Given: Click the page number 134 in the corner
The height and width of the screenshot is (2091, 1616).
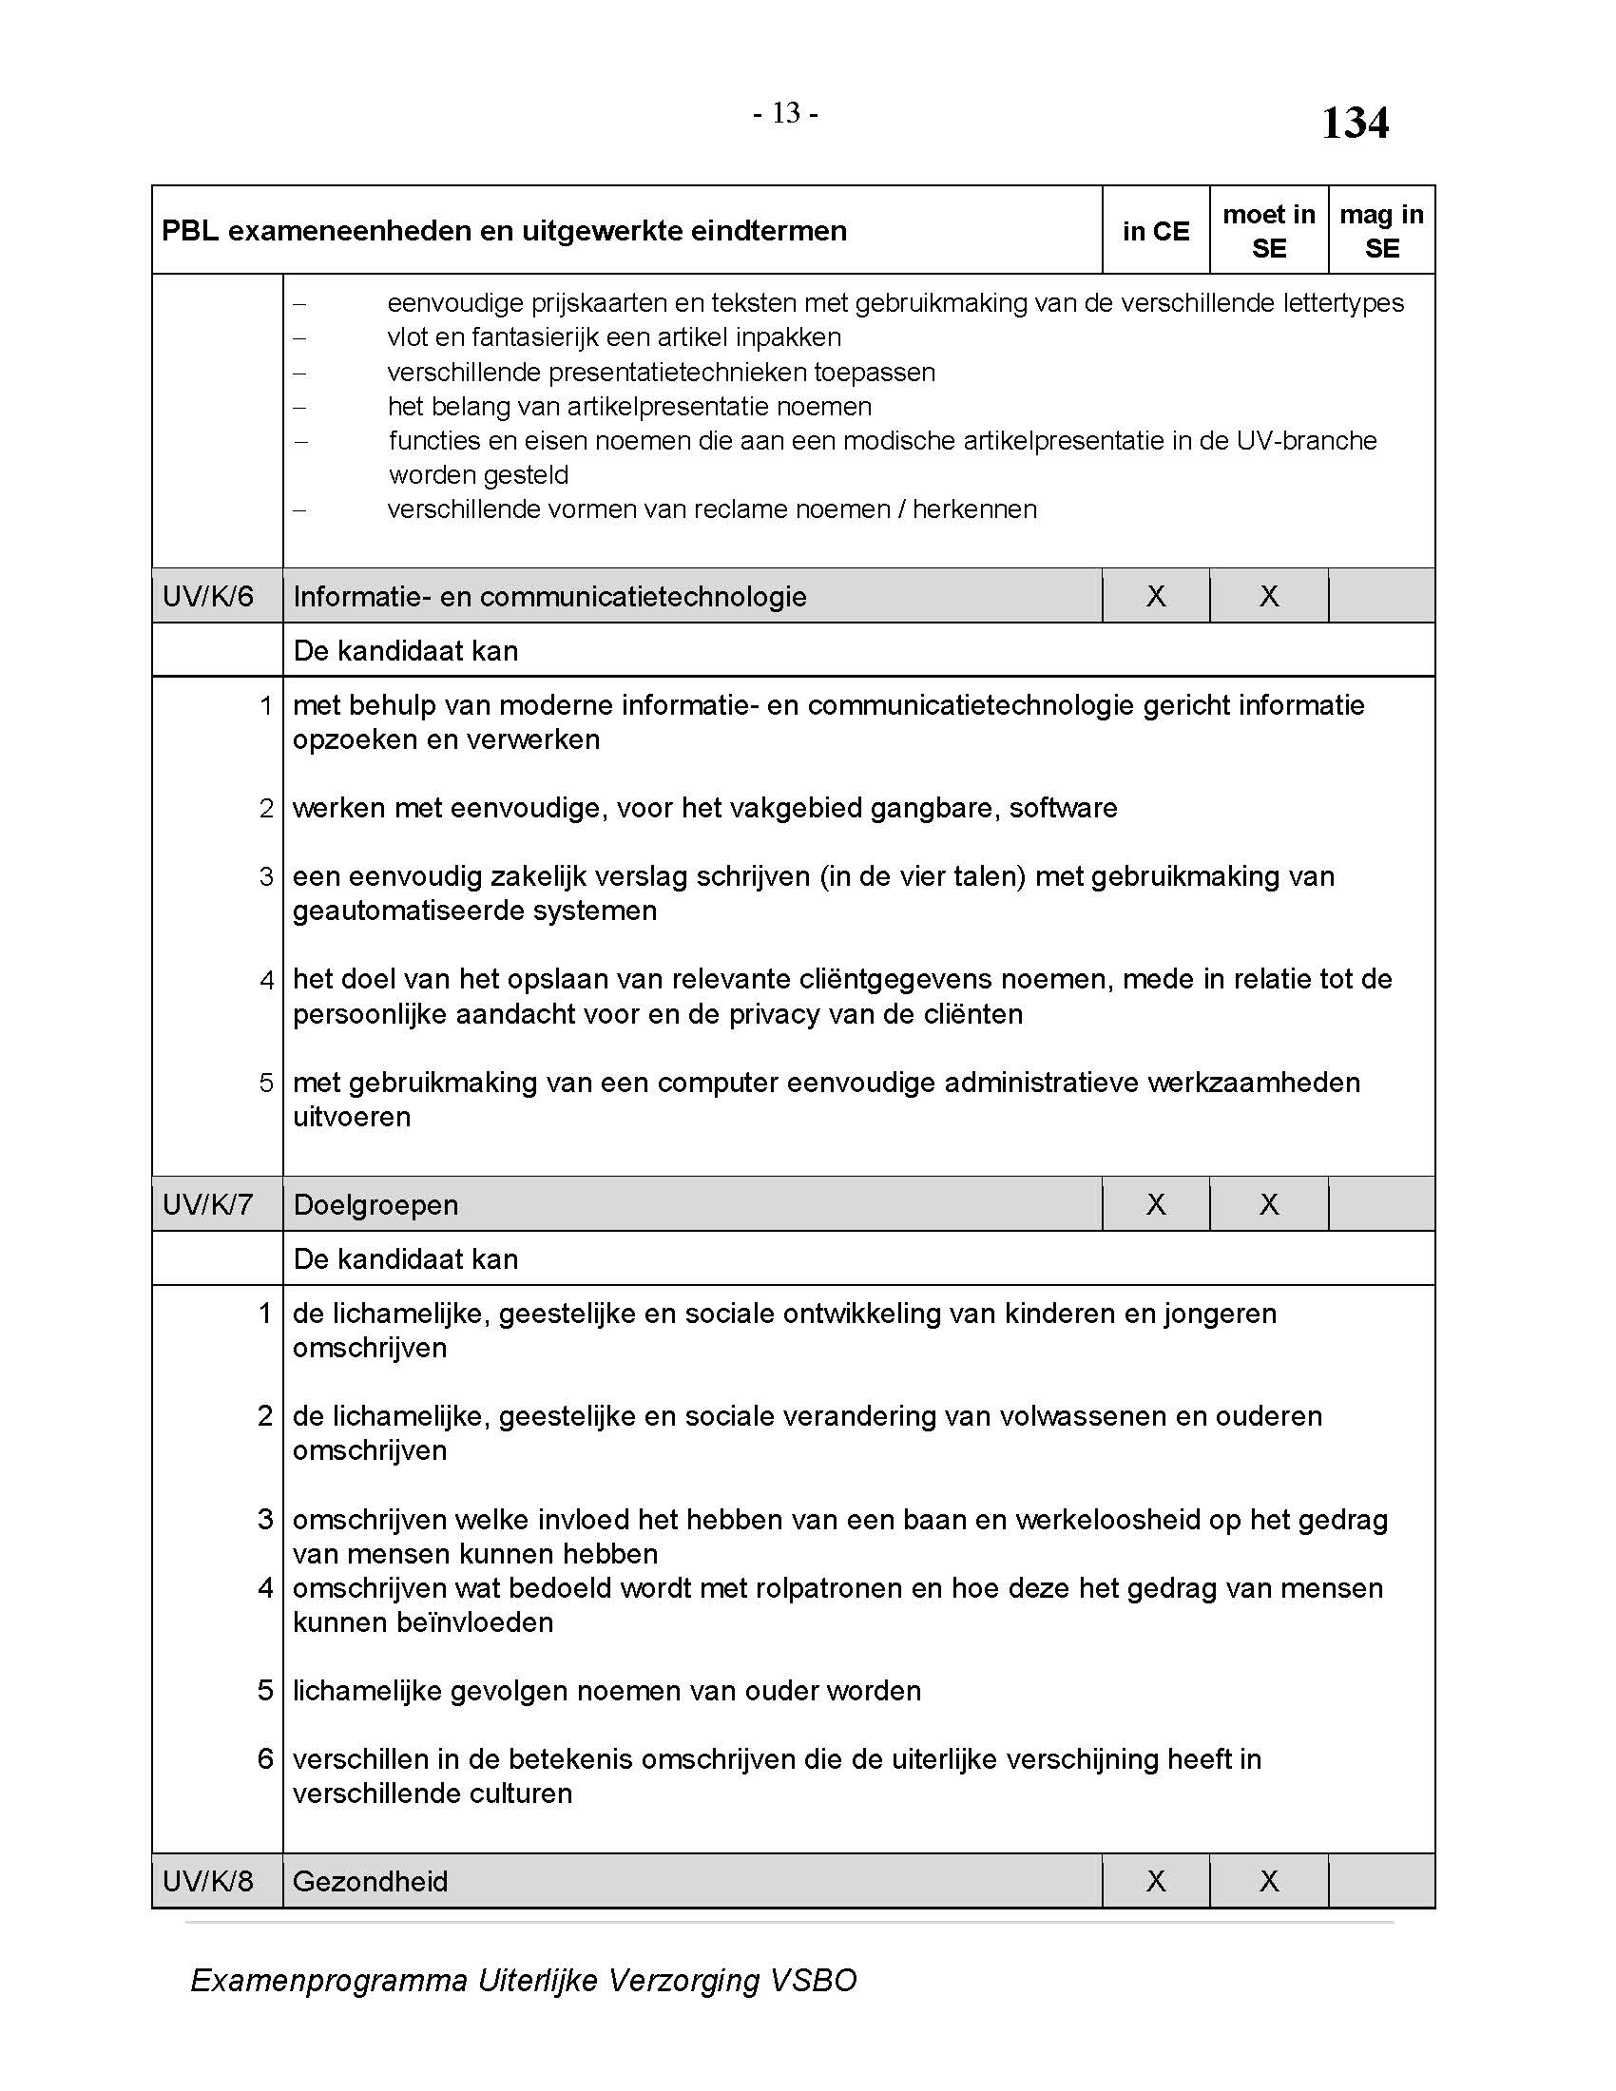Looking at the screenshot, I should pyautogui.click(x=1354, y=124).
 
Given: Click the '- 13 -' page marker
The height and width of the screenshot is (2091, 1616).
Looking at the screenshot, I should pyautogui.click(x=784, y=114).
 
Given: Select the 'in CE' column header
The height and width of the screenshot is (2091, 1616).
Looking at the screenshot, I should pyautogui.click(x=1156, y=231).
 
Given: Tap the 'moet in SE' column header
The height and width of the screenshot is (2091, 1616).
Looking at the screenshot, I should pyautogui.click(x=1268, y=231).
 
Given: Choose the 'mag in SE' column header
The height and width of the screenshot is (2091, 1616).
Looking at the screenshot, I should pyautogui.click(x=1380, y=231).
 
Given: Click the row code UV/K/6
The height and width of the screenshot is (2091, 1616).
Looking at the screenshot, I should pyautogui.click(x=208, y=597).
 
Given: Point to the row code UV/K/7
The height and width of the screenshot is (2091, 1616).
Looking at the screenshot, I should pyautogui.click(x=208, y=1204).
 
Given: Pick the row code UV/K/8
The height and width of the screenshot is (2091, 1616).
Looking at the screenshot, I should pyautogui.click(x=208, y=1881).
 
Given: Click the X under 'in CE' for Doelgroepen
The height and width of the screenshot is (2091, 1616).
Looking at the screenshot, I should pyautogui.click(x=1156, y=1204).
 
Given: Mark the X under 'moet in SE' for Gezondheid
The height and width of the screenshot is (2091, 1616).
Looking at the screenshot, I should pyautogui.click(x=1268, y=1881).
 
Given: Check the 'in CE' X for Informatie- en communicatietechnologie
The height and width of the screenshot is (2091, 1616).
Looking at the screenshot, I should pyautogui.click(x=1156, y=597).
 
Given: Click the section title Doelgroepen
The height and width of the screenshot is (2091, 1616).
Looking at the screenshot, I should pyautogui.click(x=375, y=1204).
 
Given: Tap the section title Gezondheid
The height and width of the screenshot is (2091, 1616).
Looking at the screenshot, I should pyautogui.click(x=370, y=1881).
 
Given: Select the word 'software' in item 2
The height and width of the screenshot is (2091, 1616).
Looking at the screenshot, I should pyautogui.click(x=1063, y=808).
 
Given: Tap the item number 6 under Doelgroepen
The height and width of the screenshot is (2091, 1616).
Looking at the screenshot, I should pyautogui.click(x=265, y=1758).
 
